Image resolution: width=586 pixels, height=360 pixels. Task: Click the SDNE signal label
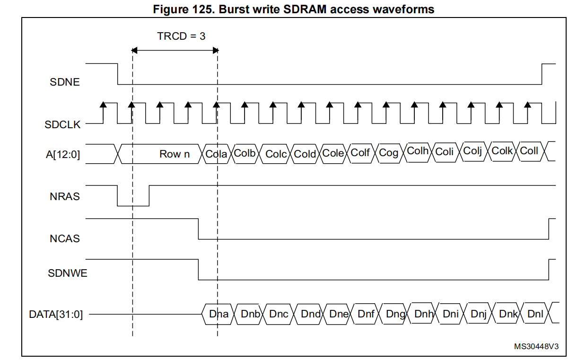click(x=64, y=82)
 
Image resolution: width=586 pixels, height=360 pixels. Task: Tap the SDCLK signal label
click(x=62, y=125)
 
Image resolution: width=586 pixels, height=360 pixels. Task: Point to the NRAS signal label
click(x=64, y=197)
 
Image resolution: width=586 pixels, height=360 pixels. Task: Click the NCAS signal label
click(x=64, y=239)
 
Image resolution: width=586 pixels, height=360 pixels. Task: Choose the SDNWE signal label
click(x=67, y=273)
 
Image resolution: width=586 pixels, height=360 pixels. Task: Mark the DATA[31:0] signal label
click(x=55, y=314)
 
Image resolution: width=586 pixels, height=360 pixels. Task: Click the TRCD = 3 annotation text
click(x=181, y=36)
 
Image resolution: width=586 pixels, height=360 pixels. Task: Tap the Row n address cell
click(x=174, y=154)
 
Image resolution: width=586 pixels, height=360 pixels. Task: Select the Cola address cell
click(x=216, y=154)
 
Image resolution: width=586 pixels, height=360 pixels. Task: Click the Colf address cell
click(x=360, y=152)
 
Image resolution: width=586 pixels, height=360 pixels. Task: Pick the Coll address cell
click(x=529, y=151)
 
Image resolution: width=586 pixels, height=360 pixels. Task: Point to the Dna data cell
click(x=219, y=314)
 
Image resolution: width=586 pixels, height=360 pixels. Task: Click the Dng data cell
click(x=395, y=314)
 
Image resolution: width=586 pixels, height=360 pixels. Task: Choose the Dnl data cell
click(x=535, y=313)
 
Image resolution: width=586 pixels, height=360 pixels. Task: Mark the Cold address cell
click(x=305, y=154)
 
